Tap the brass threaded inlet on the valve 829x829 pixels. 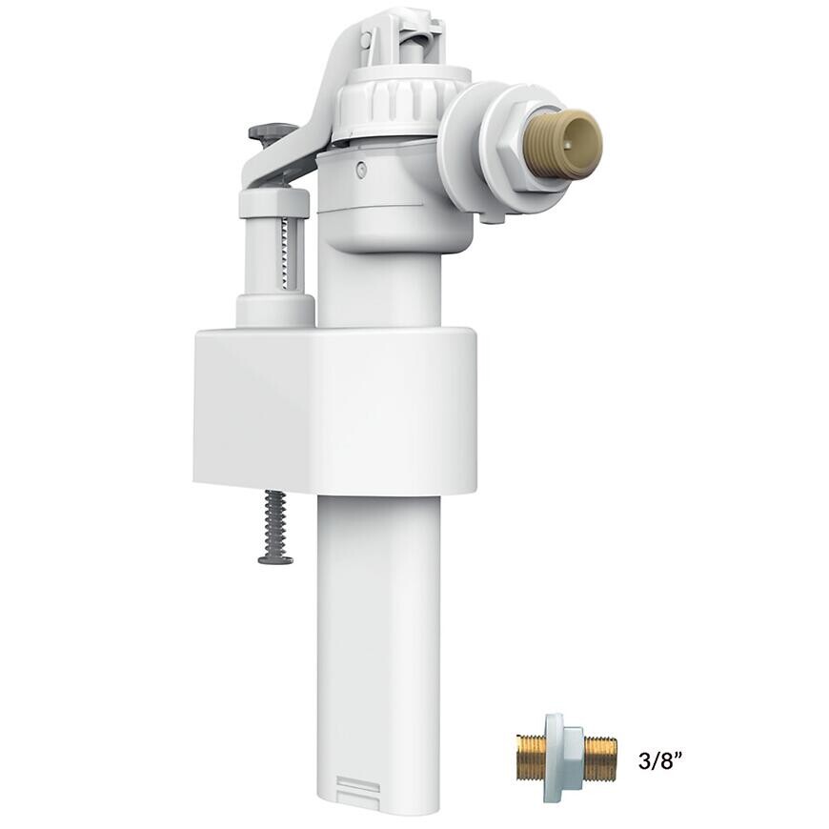pyautogui.click(x=566, y=144)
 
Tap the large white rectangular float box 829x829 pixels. pyautogui.click(x=334, y=410)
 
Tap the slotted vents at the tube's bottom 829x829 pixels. pyautogui.click(x=358, y=786)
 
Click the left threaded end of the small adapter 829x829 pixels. pyautogui.click(x=530, y=758)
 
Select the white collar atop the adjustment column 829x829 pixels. pyautogui.click(x=274, y=203)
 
